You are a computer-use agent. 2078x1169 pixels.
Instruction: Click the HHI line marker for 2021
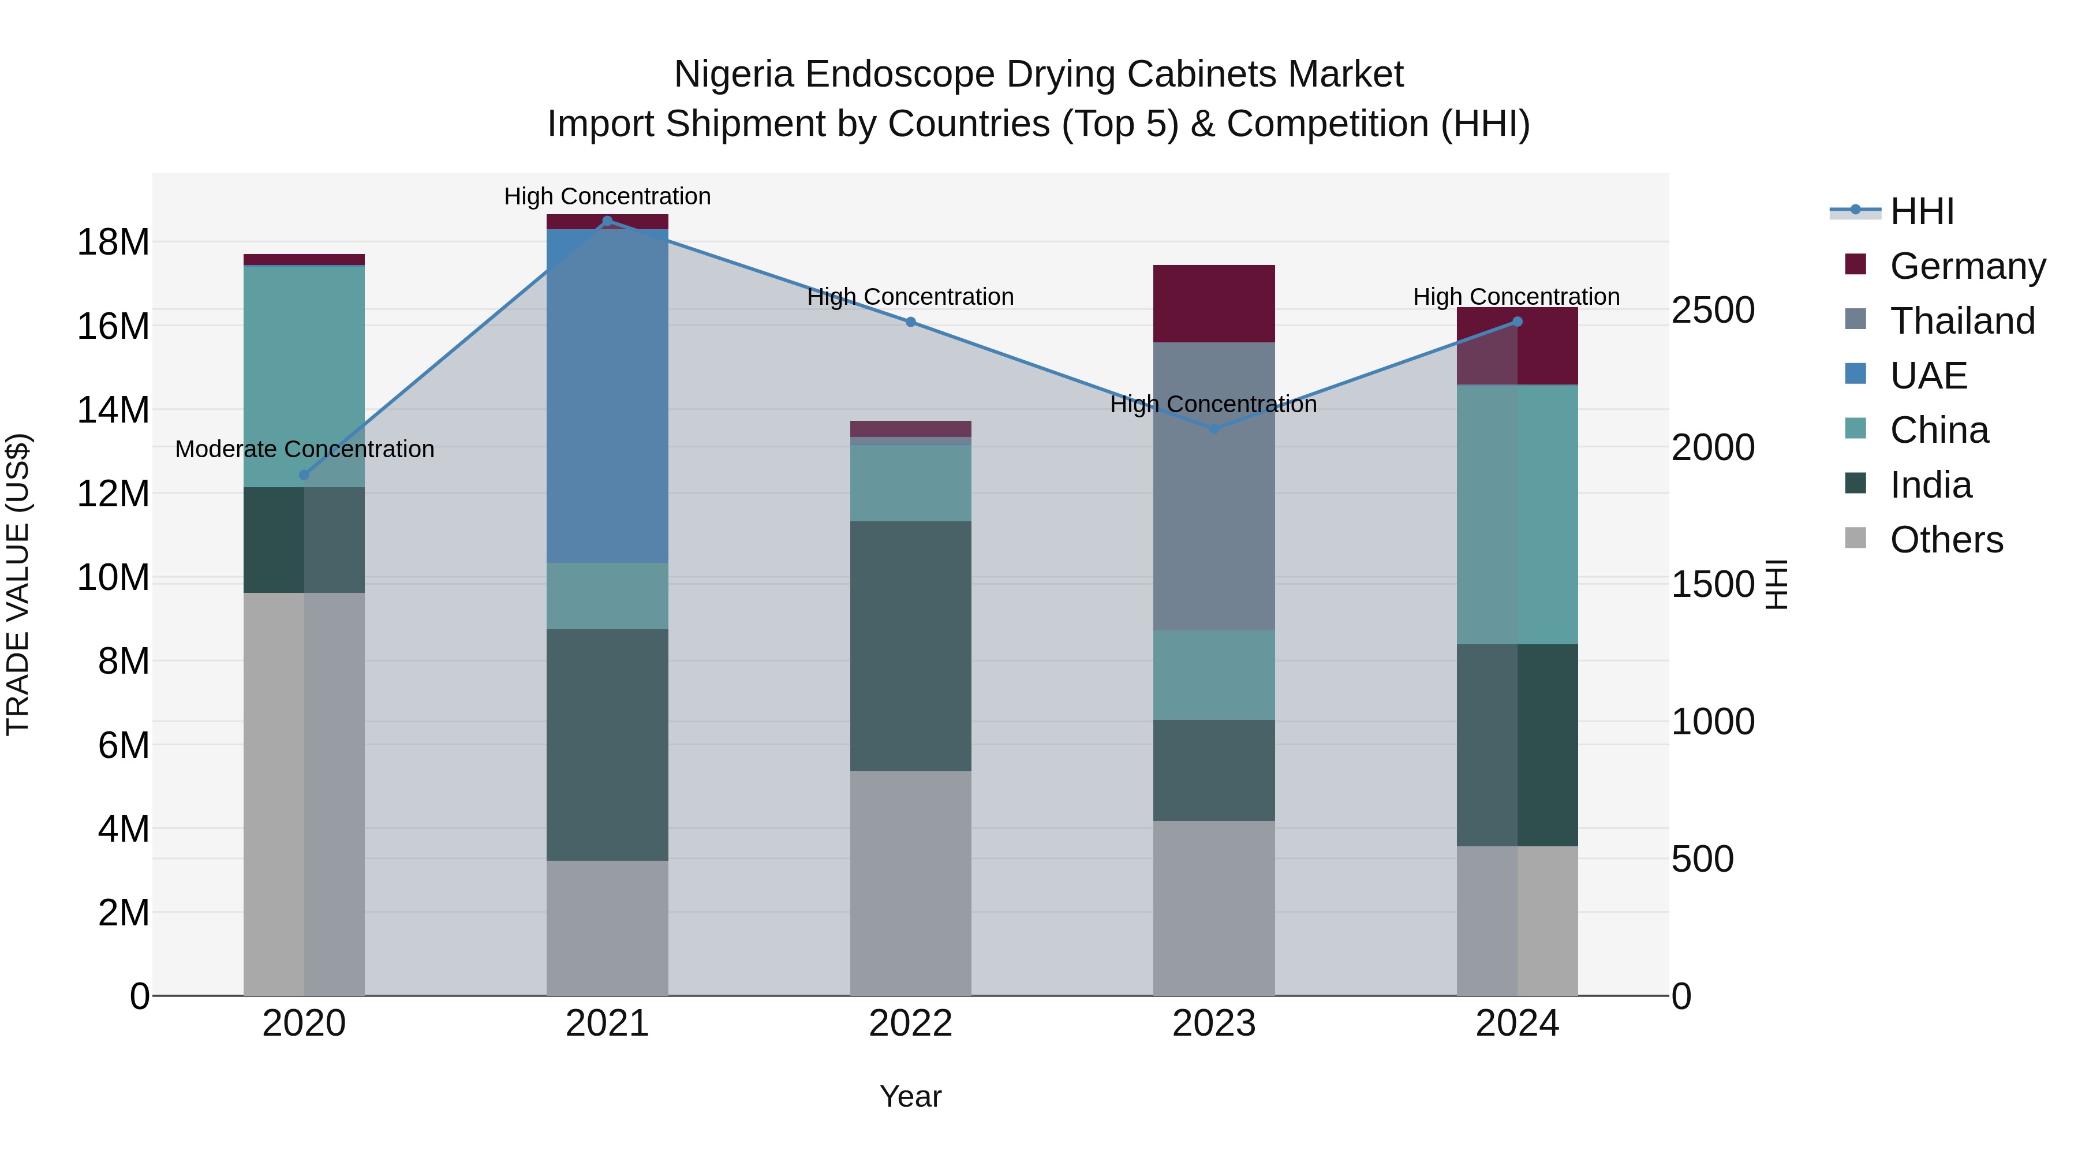coord(607,221)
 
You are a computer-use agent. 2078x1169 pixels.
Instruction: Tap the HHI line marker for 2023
coord(1213,428)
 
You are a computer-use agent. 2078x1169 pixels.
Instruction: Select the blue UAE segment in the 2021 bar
coord(607,395)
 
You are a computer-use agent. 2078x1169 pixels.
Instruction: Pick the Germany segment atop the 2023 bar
coord(1213,303)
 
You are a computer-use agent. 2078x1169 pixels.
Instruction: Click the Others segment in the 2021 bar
coord(607,928)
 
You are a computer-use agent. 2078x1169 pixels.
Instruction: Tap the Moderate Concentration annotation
coord(304,449)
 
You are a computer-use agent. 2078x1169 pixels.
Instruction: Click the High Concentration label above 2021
coord(607,197)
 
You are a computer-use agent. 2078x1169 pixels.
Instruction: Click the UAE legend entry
coord(1928,376)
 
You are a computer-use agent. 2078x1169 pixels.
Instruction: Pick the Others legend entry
coord(1946,540)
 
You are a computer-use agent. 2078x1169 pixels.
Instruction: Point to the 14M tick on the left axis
coord(113,410)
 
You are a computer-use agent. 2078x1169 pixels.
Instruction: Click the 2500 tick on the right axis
coord(1712,311)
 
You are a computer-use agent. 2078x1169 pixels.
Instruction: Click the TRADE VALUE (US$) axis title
coord(18,584)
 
